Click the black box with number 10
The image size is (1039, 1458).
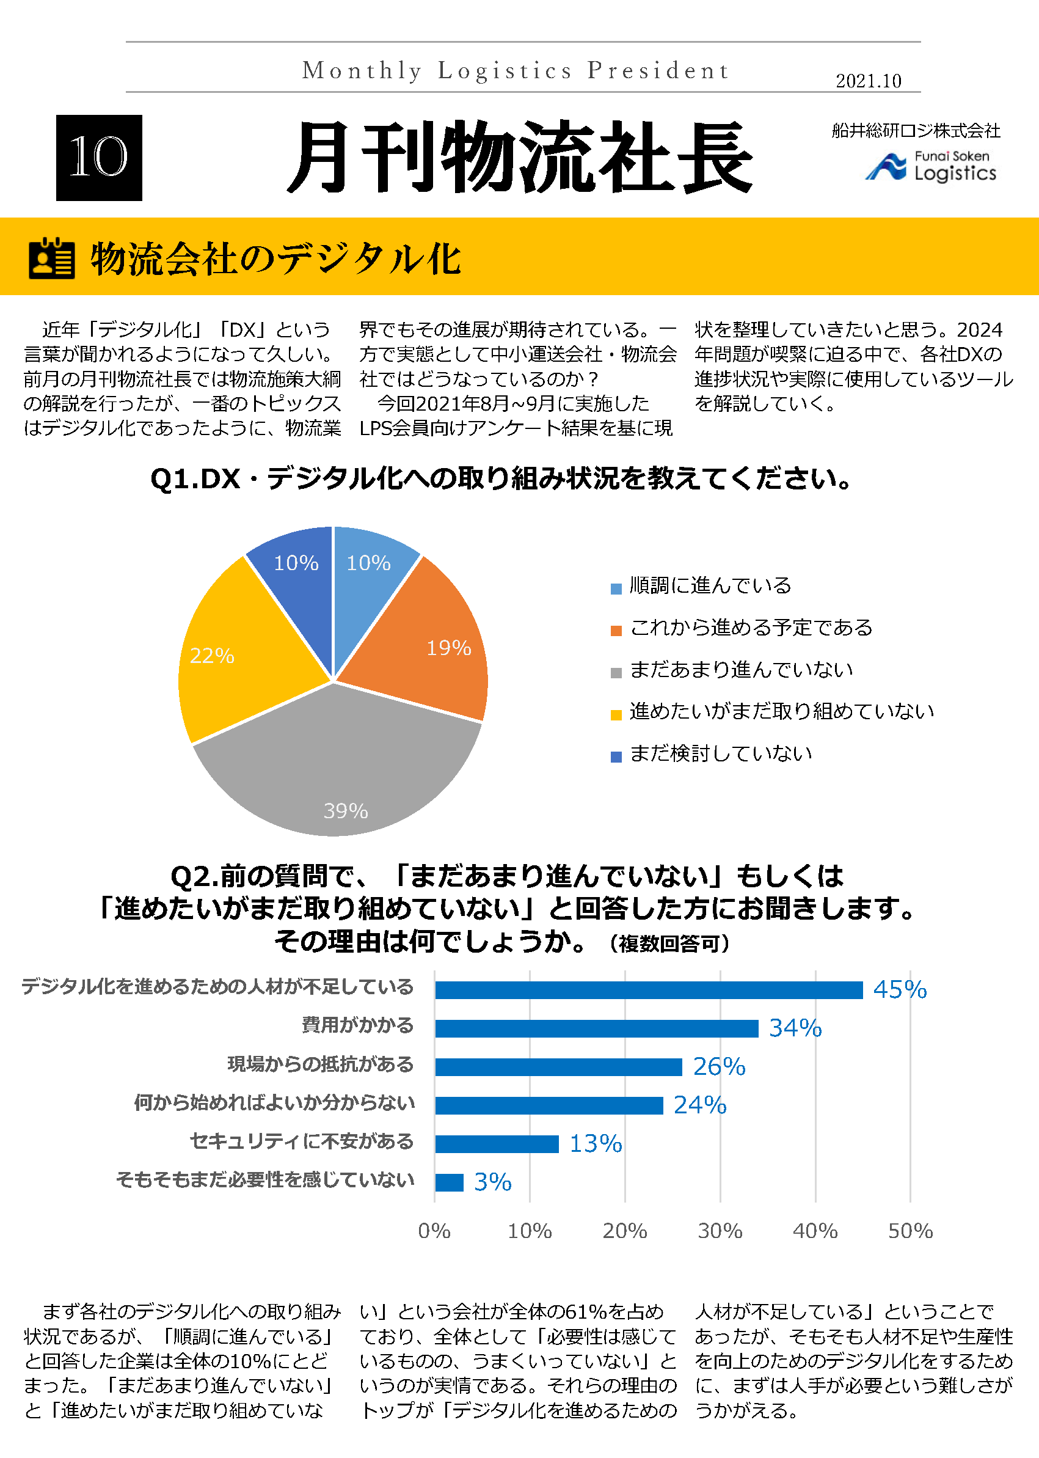tap(99, 158)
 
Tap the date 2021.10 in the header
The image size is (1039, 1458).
tap(868, 81)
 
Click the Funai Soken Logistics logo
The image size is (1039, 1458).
tap(931, 166)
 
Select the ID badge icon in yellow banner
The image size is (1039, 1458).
tap(52, 258)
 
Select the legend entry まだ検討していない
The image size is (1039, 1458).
tap(720, 753)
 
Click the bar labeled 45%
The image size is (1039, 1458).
tap(648, 989)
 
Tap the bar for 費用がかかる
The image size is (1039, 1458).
tap(596, 1028)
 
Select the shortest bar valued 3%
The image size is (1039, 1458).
tap(449, 1182)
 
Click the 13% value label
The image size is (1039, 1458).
tap(596, 1143)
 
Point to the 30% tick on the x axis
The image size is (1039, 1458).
tap(720, 1230)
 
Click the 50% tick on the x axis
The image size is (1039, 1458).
tap(910, 1230)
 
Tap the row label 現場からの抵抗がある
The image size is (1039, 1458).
tap(321, 1064)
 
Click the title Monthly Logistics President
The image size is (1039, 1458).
tap(516, 70)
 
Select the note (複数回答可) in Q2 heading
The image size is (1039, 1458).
tap(669, 943)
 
